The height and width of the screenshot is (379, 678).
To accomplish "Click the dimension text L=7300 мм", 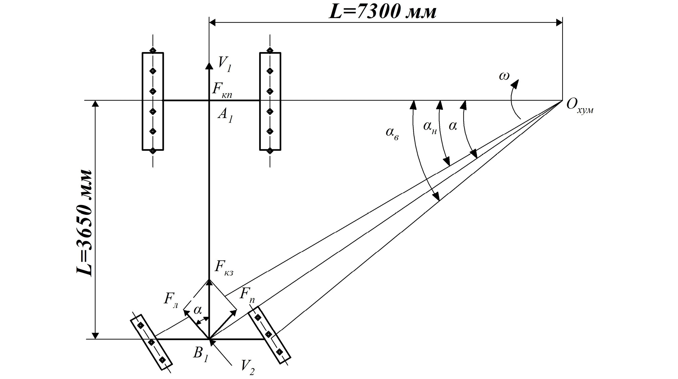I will pos(383,12).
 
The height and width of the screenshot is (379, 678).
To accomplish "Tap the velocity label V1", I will pos(225,64).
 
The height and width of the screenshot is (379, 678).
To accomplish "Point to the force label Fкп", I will pos(222,91).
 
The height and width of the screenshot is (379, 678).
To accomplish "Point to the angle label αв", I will pos(392,133).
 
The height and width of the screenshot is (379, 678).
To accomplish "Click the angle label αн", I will pos(430,127).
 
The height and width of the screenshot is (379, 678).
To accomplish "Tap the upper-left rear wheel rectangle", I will pos(153,101).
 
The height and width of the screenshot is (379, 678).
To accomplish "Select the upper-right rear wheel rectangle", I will pos(270,101).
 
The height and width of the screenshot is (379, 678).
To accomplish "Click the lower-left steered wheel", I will pos(151,342).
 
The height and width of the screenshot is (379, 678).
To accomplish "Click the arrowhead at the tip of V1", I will pos(209,66).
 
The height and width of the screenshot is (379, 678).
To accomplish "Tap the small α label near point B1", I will pos(198,310).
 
